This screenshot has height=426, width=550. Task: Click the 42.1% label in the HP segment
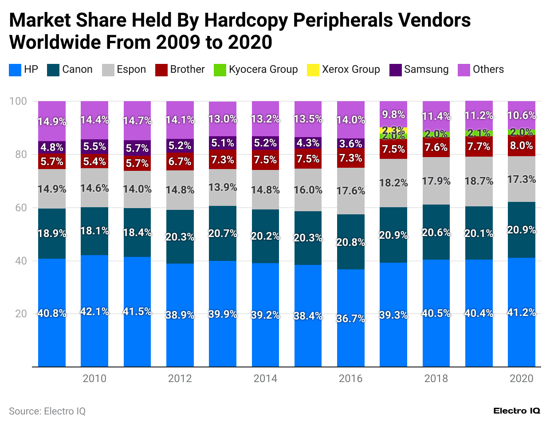click(x=94, y=312)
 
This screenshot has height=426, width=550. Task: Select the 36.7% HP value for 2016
click(x=350, y=319)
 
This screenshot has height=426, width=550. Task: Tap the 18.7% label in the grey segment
click(x=479, y=181)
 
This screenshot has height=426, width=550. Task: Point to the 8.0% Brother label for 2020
click(x=521, y=146)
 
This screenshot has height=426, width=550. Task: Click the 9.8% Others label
click(x=393, y=114)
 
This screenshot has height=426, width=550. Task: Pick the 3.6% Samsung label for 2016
click(x=350, y=144)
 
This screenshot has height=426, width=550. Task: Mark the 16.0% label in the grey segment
click(x=308, y=190)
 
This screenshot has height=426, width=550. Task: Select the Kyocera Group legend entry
click(x=256, y=70)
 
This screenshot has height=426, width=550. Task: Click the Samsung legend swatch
click(x=396, y=70)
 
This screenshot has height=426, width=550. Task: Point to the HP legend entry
click(x=24, y=70)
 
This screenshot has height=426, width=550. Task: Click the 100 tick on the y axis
click(x=18, y=101)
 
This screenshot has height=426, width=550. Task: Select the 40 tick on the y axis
click(x=21, y=261)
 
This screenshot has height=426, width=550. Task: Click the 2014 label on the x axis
click(x=265, y=379)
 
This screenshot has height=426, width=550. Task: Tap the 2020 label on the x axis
click(x=521, y=379)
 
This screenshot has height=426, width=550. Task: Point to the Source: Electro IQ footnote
click(x=47, y=411)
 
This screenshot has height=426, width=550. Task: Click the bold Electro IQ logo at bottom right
click(x=517, y=411)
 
